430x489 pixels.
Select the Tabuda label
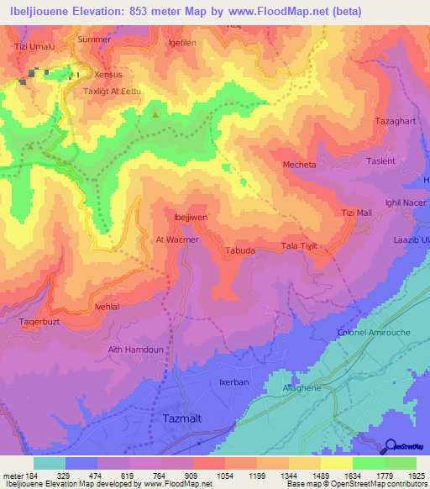point(240,250)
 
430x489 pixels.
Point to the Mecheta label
point(300,165)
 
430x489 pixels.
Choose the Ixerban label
point(233,381)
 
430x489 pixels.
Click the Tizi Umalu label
point(34,47)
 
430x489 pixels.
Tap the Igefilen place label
point(181,41)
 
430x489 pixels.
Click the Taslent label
point(380,160)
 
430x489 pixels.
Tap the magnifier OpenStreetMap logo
point(390,447)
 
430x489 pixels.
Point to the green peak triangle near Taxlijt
point(155,113)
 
